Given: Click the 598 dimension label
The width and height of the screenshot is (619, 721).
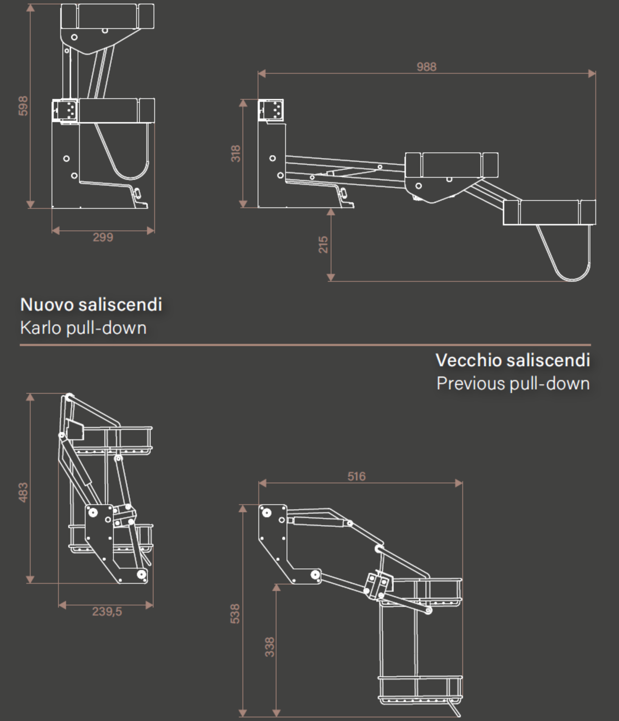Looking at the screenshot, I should (23, 106).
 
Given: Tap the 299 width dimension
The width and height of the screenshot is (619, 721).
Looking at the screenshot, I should (103, 237).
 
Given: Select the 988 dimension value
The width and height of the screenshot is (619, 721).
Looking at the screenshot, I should (427, 66).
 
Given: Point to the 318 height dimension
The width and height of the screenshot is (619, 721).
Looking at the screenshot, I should (235, 153).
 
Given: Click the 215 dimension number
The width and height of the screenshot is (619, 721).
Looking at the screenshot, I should (323, 244).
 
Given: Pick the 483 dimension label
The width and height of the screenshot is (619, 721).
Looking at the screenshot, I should (23, 492).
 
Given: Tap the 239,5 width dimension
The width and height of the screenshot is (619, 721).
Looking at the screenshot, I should (107, 612).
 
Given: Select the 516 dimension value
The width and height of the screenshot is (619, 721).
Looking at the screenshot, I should (357, 476).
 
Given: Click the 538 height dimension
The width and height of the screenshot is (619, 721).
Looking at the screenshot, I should (235, 613).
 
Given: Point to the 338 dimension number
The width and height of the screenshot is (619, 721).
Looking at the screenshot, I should (269, 647).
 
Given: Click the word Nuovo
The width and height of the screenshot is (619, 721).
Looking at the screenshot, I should (47, 304).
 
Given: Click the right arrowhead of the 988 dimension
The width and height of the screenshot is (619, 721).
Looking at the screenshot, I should (592, 74).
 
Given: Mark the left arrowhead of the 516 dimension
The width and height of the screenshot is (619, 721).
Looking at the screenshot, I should (262, 483).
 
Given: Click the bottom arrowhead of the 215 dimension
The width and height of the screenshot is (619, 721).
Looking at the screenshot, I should (331, 277).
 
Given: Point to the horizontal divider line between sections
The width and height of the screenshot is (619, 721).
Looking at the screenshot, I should (305, 345).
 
